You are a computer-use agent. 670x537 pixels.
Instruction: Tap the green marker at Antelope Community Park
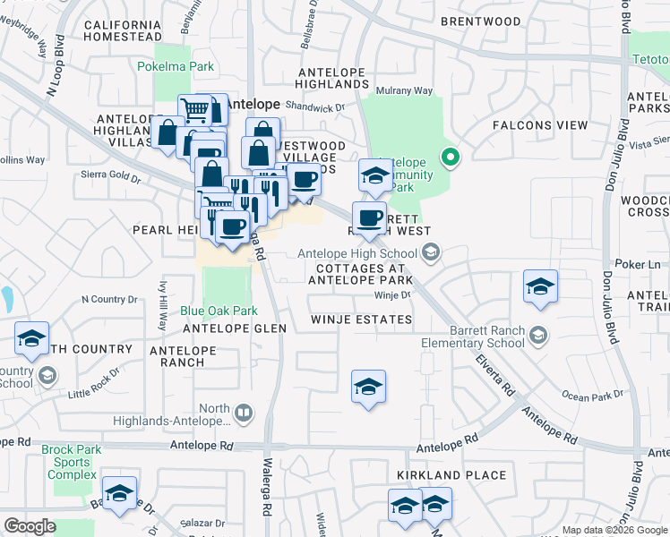(x=451, y=158)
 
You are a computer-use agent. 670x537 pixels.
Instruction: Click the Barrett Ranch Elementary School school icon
(x=537, y=336)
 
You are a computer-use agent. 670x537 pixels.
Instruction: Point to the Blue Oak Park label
(x=219, y=311)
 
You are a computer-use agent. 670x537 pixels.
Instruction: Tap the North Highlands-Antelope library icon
(x=244, y=413)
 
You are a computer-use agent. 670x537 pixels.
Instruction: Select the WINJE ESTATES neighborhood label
(x=361, y=320)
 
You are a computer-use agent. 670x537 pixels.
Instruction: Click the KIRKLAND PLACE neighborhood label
(x=452, y=475)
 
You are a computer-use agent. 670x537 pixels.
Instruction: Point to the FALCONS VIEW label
(x=538, y=125)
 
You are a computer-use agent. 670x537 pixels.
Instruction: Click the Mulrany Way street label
(x=404, y=91)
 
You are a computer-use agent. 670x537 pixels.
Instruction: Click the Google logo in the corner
(x=30, y=526)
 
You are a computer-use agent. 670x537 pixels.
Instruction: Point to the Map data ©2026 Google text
(x=614, y=530)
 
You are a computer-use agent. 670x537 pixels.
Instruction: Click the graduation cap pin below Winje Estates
(x=368, y=387)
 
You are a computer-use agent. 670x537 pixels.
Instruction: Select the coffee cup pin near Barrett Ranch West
(x=368, y=218)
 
